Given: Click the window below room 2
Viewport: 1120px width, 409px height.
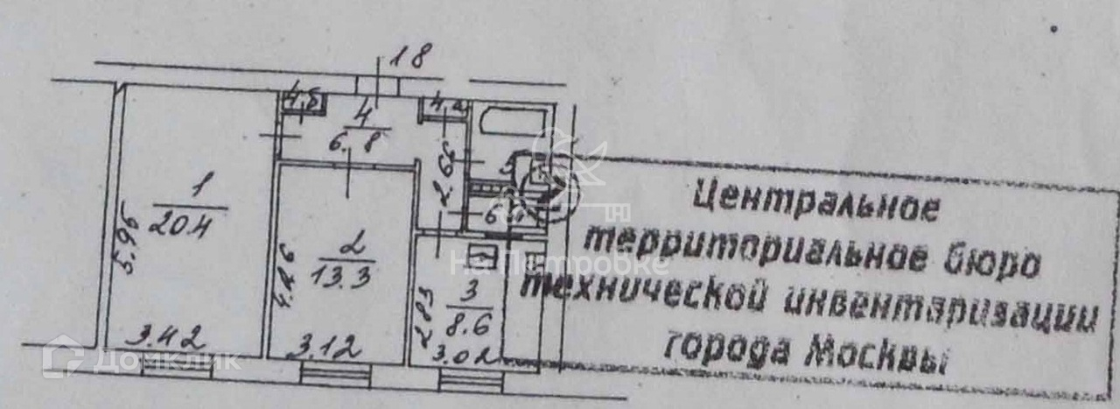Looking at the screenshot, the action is point(335,375).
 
